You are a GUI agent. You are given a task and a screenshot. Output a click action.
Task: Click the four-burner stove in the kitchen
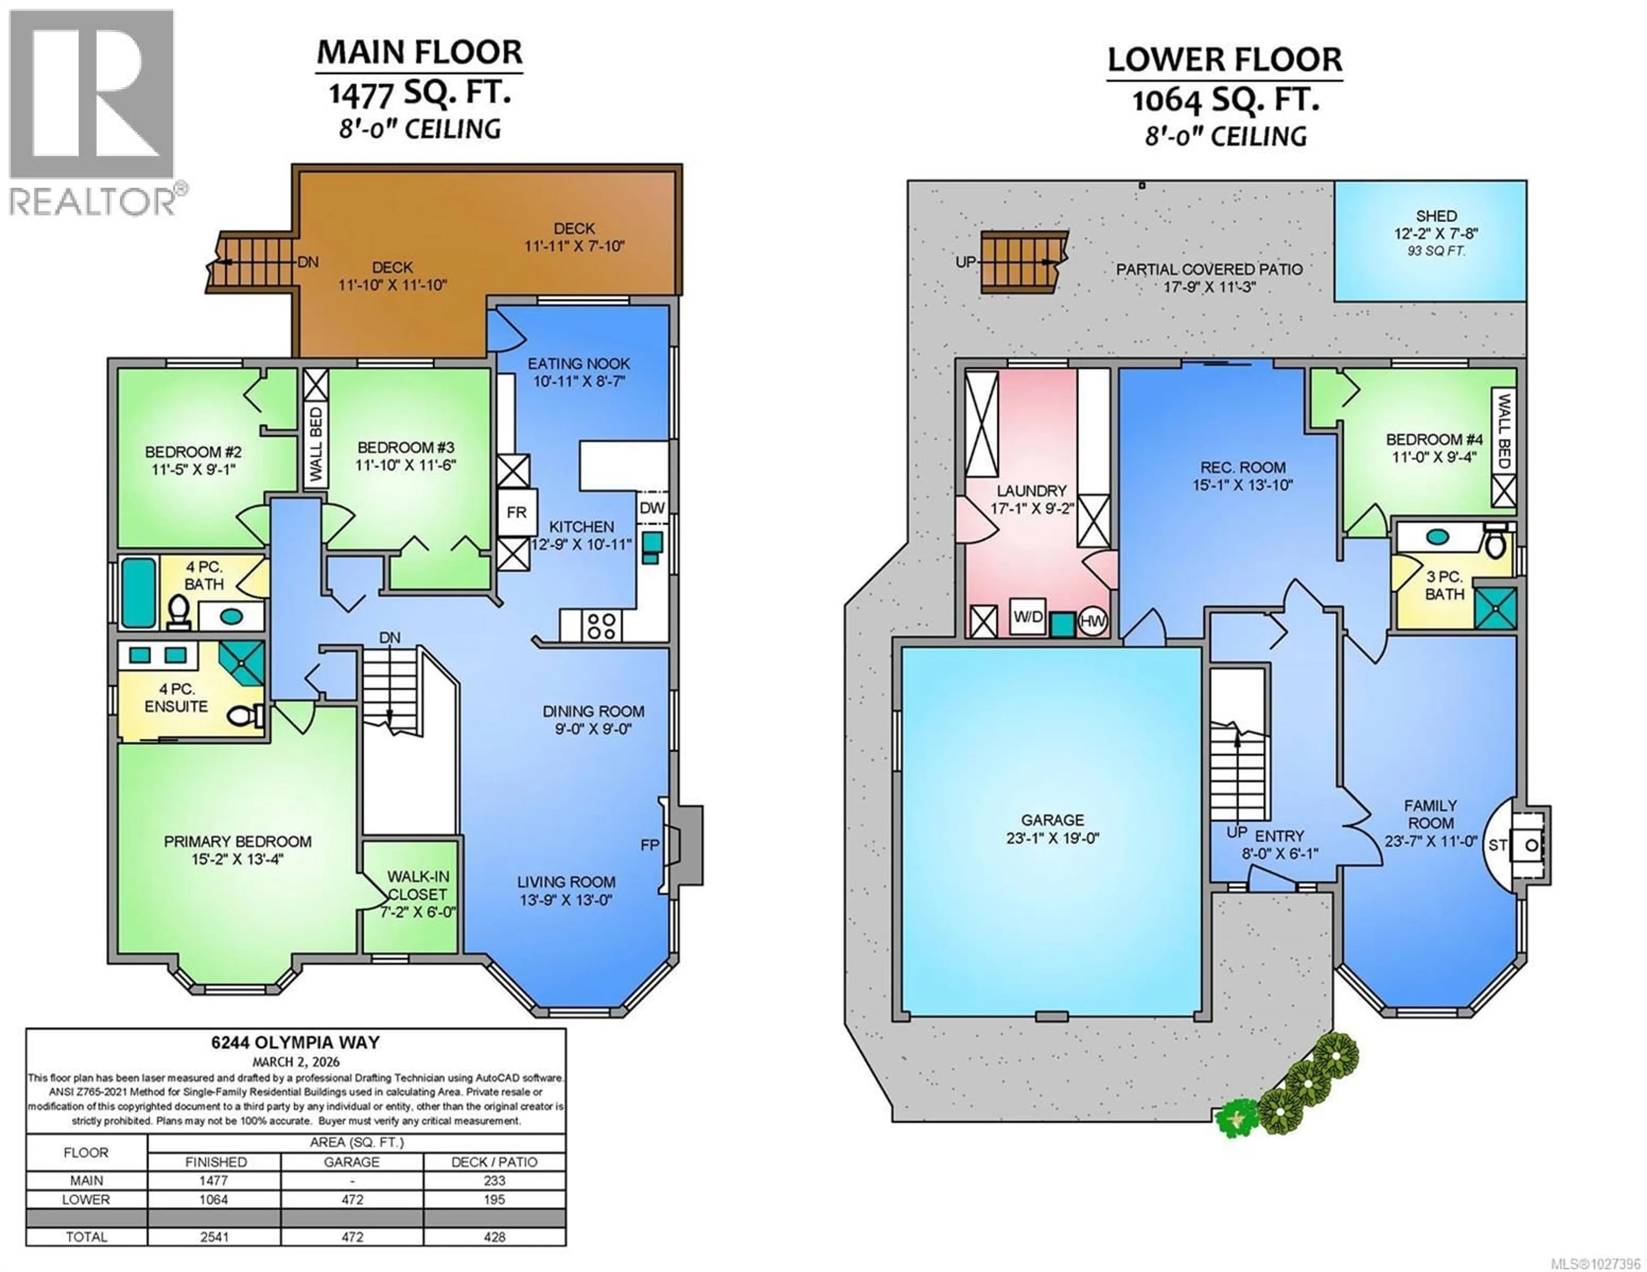(x=601, y=625)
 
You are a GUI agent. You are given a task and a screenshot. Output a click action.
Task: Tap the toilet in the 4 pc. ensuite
(x=244, y=715)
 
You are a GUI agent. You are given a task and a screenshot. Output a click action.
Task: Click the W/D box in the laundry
(x=1027, y=617)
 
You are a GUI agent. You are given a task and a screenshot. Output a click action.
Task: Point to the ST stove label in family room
(x=1497, y=845)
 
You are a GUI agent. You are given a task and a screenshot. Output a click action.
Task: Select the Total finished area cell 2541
(x=214, y=1236)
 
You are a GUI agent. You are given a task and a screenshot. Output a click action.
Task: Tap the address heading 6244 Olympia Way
(x=296, y=1042)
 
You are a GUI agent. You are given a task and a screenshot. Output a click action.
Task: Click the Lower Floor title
(x=1225, y=60)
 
